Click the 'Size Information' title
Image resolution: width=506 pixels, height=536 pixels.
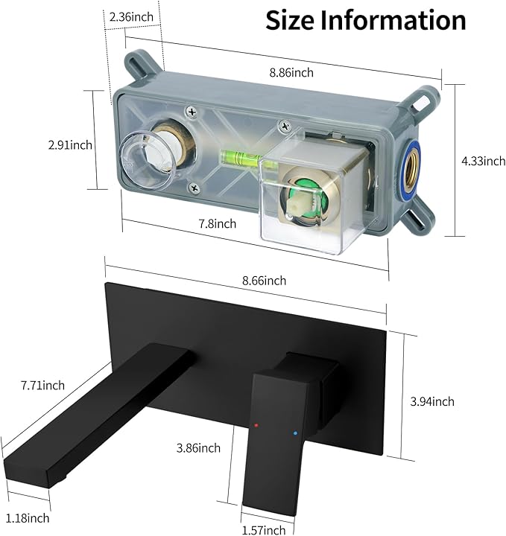(365, 21)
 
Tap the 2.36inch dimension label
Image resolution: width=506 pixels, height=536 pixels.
(131, 16)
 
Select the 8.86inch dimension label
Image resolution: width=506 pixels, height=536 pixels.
(291, 72)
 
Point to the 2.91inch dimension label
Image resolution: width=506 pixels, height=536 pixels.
(70, 145)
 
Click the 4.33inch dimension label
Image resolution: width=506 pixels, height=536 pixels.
(484, 161)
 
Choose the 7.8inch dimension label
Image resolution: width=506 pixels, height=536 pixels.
(218, 223)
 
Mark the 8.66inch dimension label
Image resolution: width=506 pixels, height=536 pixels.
(264, 281)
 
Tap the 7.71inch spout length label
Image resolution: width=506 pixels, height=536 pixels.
(42, 386)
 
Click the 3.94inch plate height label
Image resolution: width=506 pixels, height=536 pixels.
(432, 401)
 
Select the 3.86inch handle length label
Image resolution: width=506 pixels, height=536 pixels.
(198, 448)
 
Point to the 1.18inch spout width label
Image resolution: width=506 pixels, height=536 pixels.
(28, 518)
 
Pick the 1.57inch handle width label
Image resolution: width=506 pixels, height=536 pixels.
(264, 530)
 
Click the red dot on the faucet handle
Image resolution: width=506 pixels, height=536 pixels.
(256, 425)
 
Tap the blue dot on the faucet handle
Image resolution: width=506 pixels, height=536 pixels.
(295, 433)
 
